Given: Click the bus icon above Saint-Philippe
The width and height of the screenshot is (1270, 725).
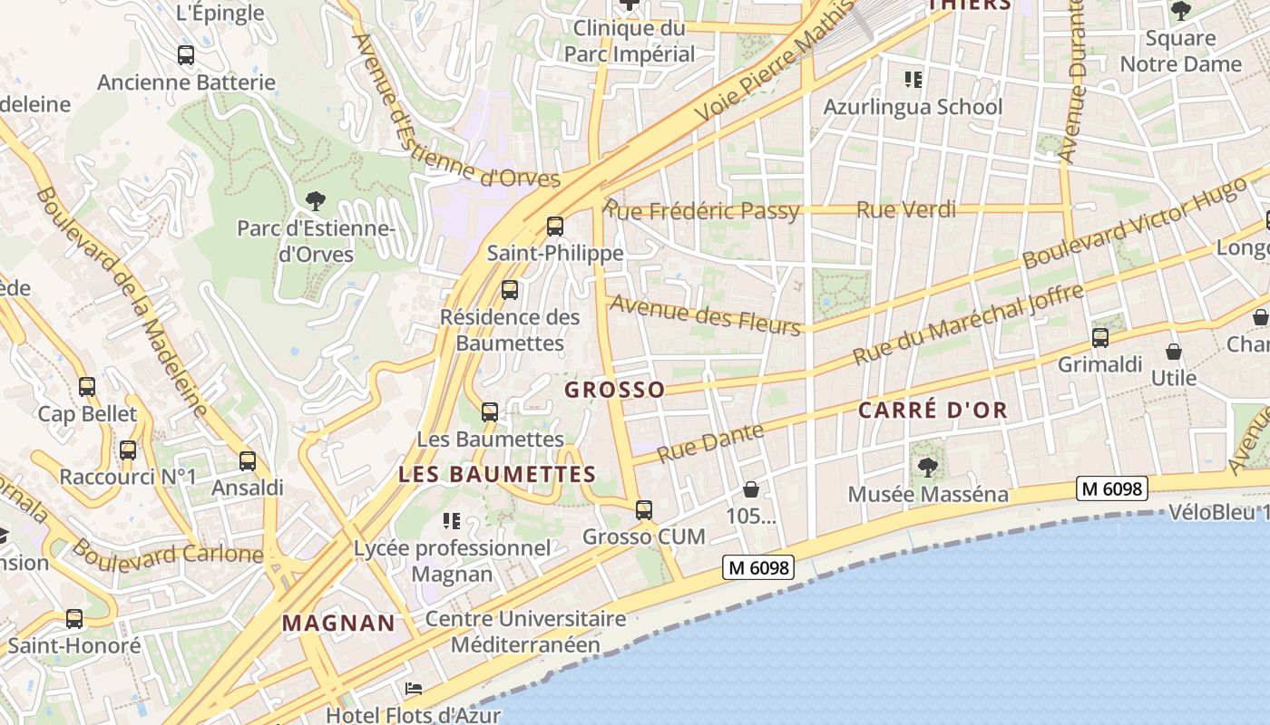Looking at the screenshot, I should (554, 227).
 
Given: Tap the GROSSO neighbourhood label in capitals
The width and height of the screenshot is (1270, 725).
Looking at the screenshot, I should (614, 390).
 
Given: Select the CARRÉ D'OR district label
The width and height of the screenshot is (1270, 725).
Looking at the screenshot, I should (933, 410).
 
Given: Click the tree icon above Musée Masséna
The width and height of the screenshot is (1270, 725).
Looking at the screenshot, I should (927, 468).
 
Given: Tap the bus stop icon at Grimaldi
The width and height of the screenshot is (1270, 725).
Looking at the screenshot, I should (1099, 338).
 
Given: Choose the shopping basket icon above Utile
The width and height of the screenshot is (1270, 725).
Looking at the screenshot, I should (1174, 352).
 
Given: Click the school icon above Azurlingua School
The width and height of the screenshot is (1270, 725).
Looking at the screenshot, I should (913, 80).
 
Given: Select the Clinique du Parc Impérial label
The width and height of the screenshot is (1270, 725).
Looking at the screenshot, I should (630, 41).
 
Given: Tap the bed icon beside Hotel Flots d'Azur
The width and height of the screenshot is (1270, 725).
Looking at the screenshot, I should (414, 689).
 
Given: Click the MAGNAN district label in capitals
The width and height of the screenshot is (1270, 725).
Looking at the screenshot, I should (338, 623).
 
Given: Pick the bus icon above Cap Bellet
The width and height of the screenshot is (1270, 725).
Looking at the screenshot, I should (87, 387).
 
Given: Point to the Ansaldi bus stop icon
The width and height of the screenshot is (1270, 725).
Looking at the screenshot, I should (248, 460).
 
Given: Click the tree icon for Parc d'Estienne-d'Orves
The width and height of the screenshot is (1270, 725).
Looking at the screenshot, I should (315, 200).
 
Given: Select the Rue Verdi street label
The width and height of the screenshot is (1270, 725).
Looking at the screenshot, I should (906, 210).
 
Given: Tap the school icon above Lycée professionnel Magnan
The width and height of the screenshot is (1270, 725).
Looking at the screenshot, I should (451, 521).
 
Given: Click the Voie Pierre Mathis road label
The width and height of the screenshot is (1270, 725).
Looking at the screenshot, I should (776, 63).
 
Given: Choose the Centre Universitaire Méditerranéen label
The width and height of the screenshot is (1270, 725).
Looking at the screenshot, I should (525, 632).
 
